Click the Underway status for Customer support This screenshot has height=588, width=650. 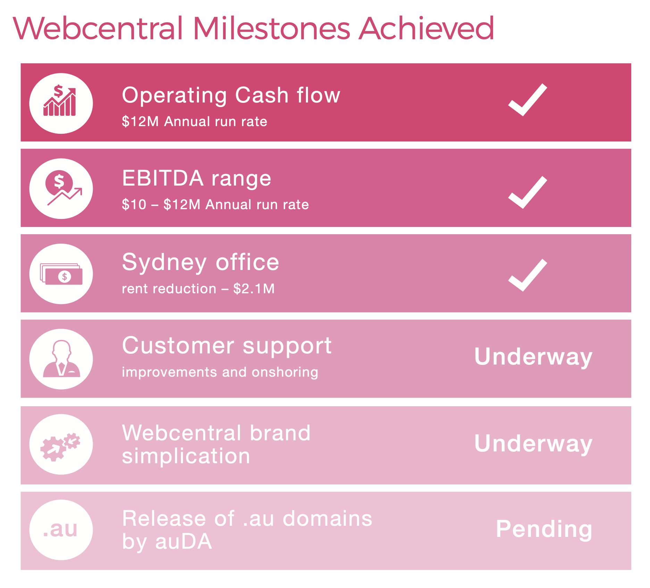pyautogui.click(x=533, y=357)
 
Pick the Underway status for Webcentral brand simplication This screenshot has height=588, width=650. pyautogui.click(x=533, y=444)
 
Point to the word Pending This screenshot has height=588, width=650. pyautogui.click(x=544, y=530)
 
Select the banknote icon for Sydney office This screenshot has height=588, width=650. pyautogui.click(x=61, y=274)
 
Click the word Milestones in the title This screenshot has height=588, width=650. pyautogui.click(x=272, y=28)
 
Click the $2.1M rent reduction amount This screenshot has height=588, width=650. pyautogui.click(x=254, y=289)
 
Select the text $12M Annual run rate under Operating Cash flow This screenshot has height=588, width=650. pyautogui.click(x=194, y=122)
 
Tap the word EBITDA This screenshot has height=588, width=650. pyautogui.click(x=163, y=179)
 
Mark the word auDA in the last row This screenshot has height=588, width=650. pyautogui.click(x=183, y=542)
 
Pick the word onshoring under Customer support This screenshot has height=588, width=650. pyautogui.click(x=285, y=373)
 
